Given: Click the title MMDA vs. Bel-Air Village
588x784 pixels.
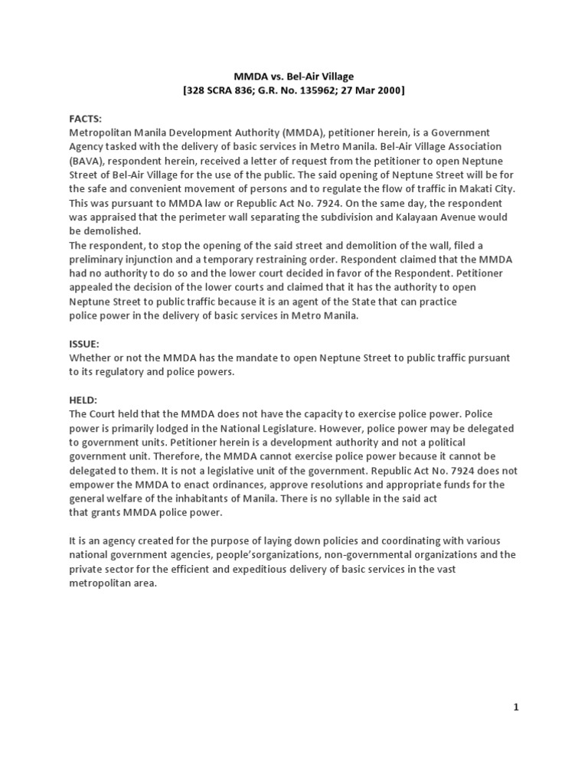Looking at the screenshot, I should pos(293,77).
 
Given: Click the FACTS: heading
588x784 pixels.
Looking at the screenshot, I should pos(85,119).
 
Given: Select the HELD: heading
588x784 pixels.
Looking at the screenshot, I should pos(83,400).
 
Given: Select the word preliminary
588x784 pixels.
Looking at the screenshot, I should pos(98,259).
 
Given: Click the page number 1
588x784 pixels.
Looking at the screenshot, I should pos(516,707).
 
